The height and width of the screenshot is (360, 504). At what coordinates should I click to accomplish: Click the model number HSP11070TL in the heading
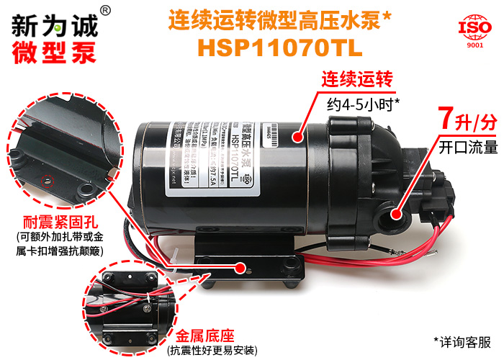(280, 47)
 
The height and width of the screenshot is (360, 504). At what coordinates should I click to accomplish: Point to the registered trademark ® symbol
(105, 10)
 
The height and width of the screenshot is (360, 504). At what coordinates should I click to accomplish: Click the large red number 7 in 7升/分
(445, 117)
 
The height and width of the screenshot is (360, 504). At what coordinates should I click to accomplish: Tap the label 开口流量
(468, 148)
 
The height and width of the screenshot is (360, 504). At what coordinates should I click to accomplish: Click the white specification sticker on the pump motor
(210, 148)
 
